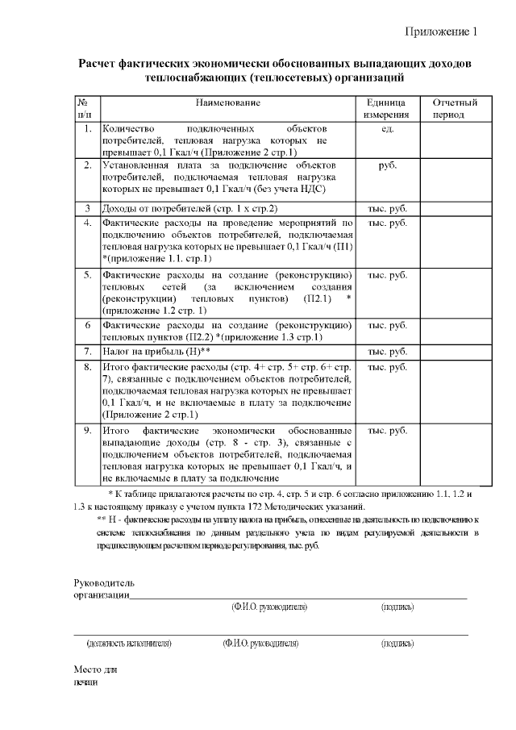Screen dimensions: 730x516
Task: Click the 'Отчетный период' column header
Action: click(x=455, y=110)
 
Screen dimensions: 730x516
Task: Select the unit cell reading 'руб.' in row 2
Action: click(x=386, y=165)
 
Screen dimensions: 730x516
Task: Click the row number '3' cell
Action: click(x=87, y=209)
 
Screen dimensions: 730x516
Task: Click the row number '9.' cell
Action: click(x=87, y=430)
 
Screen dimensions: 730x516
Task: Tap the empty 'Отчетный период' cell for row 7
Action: click(x=455, y=352)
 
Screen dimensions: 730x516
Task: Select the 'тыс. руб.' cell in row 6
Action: click(x=386, y=325)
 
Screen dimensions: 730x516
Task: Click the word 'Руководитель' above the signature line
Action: click(x=105, y=582)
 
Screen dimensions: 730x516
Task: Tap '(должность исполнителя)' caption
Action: click(x=129, y=644)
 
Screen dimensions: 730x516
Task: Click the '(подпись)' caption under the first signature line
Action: click(x=397, y=606)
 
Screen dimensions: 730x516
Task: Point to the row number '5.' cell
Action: click(x=87, y=274)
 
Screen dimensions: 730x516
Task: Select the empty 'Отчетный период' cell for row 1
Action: click(x=455, y=140)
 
